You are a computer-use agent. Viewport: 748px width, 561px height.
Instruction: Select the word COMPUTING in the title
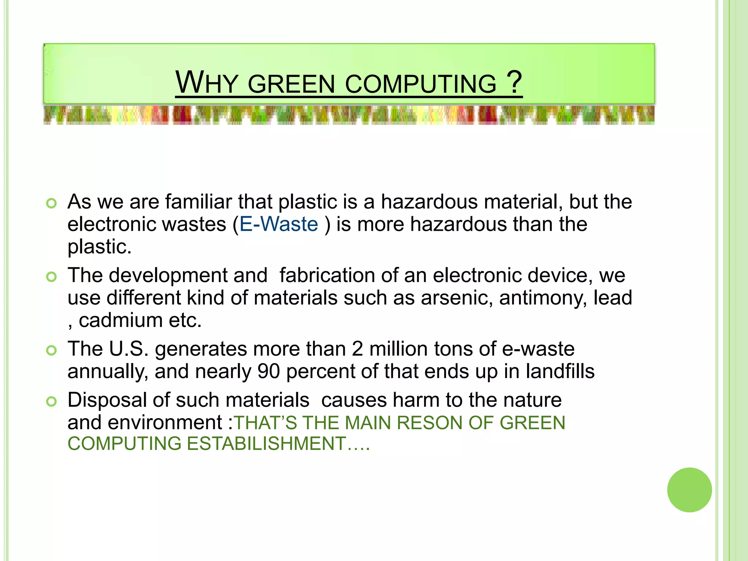pyautogui.click(x=420, y=84)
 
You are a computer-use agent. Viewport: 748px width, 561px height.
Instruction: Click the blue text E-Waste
pyautogui.click(x=279, y=224)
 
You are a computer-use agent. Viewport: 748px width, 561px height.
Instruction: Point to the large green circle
pyautogui.click(x=689, y=490)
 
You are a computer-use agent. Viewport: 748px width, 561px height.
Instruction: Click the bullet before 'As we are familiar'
pyautogui.click(x=51, y=203)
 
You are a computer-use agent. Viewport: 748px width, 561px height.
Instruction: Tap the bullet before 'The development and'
pyautogui.click(x=51, y=277)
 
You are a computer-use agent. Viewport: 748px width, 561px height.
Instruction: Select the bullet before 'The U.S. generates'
pyautogui.click(x=51, y=351)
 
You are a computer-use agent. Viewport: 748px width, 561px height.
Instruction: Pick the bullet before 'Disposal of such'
pyautogui.click(x=51, y=402)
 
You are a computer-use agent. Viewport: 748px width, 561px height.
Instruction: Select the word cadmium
pyautogui.click(x=121, y=320)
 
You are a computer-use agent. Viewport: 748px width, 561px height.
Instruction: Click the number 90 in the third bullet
pyautogui.click(x=268, y=371)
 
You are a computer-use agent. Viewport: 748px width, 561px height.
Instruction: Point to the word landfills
pyautogui.click(x=560, y=371)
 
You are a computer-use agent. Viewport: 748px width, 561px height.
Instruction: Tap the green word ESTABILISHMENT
pyautogui.click(x=266, y=444)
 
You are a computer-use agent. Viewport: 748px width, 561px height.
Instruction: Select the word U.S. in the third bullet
pyautogui.click(x=129, y=349)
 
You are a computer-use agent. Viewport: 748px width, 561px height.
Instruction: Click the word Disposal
pyautogui.click(x=107, y=400)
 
